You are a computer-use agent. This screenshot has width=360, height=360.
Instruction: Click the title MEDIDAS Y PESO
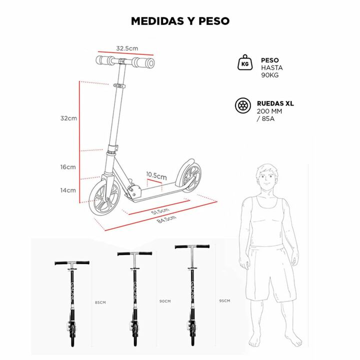coord(180,21)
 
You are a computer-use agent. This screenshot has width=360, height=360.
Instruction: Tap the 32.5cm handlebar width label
coord(127,48)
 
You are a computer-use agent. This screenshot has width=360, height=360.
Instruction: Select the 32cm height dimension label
coord(68,118)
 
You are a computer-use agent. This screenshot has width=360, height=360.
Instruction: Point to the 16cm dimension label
coord(68,167)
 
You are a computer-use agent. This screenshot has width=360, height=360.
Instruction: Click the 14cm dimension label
coord(68,190)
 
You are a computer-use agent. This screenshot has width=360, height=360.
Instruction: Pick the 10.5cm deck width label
coord(156,175)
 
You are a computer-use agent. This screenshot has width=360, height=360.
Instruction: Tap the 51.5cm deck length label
coord(160,211)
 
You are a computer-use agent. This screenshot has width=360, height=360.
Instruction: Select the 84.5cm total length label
coord(166,219)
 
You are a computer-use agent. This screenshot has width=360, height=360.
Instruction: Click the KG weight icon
coord(245,62)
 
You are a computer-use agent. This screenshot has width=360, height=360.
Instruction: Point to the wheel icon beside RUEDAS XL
coord(243,106)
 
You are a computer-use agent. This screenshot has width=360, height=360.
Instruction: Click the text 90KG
coord(270,75)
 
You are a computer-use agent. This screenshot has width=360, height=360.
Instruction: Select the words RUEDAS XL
coord(275,103)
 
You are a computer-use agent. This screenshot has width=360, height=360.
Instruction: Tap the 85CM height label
coord(100,302)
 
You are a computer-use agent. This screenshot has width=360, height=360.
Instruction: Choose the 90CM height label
coord(165,301)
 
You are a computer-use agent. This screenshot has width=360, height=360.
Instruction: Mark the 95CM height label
coord(224,300)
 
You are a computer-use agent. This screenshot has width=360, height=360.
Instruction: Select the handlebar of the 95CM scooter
coord(192,247)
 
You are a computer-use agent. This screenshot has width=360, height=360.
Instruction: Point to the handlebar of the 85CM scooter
coord(72,263)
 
